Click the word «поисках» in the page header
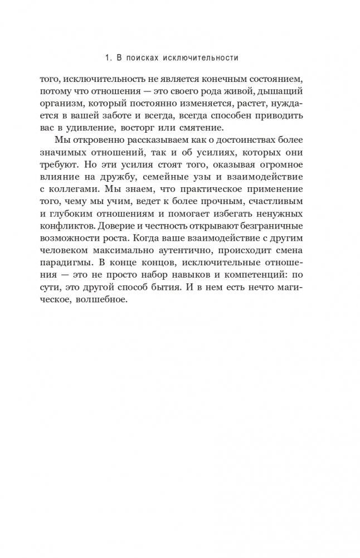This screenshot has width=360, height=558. [x=142, y=57]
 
